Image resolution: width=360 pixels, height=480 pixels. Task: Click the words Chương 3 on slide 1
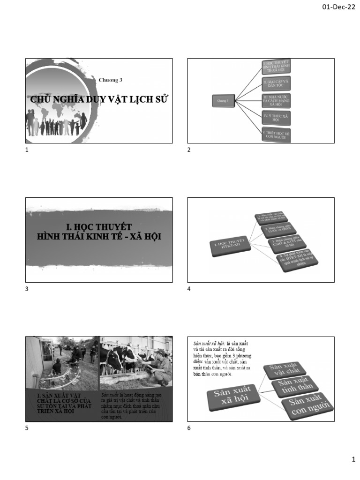[110, 80]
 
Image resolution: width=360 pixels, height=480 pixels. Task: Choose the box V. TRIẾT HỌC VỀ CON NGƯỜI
[276, 135]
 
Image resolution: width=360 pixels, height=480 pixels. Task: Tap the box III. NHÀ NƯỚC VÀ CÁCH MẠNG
[276, 100]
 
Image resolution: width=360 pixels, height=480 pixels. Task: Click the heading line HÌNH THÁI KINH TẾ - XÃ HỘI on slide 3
[99, 237]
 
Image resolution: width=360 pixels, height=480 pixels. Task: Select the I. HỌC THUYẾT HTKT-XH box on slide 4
[230, 246]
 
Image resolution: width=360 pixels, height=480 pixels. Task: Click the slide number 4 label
[189, 289]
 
